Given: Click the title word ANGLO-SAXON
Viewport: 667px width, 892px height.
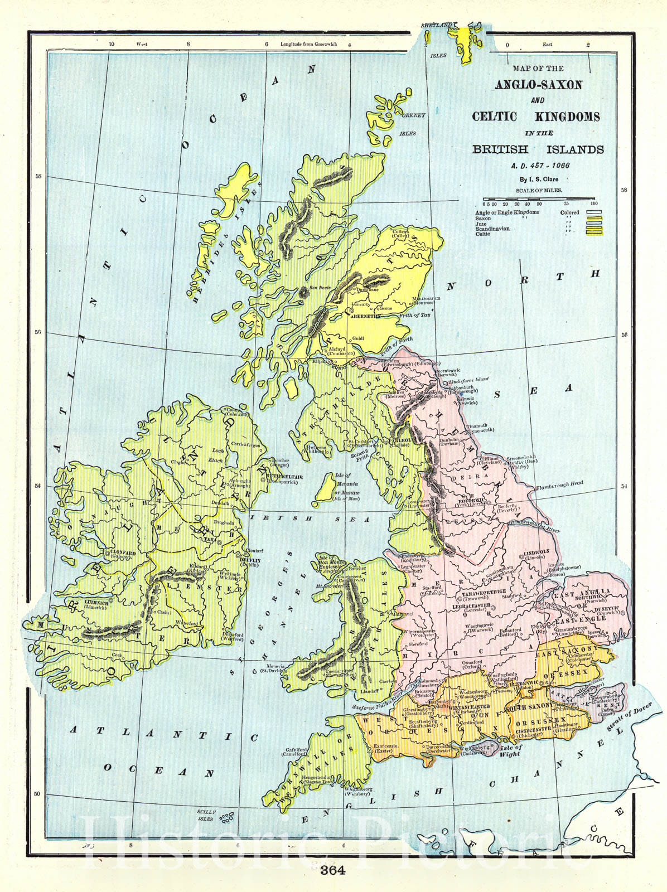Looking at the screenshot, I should tap(539, 85).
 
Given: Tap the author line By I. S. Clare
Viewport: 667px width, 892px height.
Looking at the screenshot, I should tap(539, 180).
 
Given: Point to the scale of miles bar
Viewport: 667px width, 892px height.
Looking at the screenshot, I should tap(539, 199).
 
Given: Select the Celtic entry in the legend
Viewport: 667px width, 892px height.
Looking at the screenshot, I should tap(483, 234).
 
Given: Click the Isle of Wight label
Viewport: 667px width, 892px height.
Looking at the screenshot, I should tap(510, 750).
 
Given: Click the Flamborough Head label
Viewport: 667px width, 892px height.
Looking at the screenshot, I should tap(559, 485).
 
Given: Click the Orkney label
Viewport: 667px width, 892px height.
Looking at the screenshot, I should tap(413, 115).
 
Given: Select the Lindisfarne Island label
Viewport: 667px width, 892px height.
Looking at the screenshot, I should tap(469, 379).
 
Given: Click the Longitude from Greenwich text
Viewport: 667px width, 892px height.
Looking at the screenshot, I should tap(308, 44).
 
